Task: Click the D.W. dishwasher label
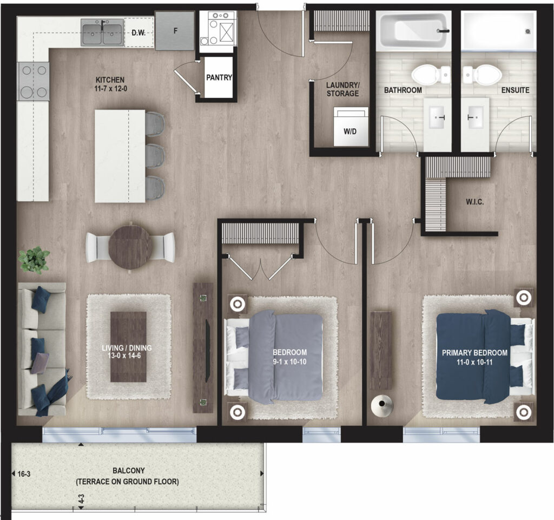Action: click(138, 33)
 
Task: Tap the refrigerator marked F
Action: click(175, 31)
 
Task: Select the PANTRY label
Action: click(219, 77)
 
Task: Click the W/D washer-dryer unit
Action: click(351, 127)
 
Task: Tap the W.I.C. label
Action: click(474, 202)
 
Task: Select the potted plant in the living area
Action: click(34, 260)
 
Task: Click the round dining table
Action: click(130, 247)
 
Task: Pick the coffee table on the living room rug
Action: click(128, 346)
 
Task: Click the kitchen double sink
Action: click(102, 33)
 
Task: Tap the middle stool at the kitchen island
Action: click(155, 156)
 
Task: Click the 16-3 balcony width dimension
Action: click(24, 474)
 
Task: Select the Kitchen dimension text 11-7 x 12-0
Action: click(110, 89)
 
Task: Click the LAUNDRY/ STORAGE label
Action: click(342, 89)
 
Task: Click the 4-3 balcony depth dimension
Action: click(81, 499)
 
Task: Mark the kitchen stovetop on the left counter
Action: click(34, 81)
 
